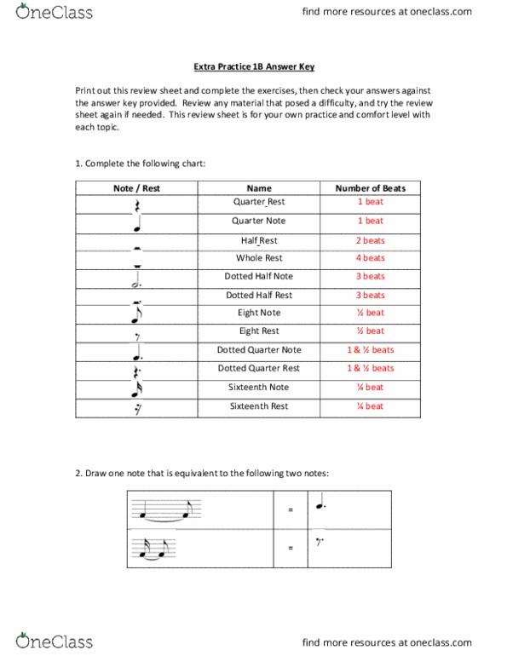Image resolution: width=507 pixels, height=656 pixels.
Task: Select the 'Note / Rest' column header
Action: tap(136, 188)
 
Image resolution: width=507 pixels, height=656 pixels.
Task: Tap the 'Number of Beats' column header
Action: tap(370, 188)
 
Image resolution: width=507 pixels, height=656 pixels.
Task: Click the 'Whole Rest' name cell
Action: tap(259, 257)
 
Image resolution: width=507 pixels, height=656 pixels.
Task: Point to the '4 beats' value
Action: tap(370, 257)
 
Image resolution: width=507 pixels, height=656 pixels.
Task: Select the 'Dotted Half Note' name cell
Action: tap(259, 276)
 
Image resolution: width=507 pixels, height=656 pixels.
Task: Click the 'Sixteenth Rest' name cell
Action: tap(259, 406)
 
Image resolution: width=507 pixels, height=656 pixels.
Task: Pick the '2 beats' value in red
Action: tap(370, 240)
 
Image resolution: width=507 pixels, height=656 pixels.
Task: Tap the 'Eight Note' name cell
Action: tap(259, 313)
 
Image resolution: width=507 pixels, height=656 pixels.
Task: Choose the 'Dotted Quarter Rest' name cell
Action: tap(259, 368)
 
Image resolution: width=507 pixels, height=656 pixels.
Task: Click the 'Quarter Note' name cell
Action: tap(259, 221)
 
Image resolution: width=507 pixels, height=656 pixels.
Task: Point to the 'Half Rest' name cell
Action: tap(259, 240)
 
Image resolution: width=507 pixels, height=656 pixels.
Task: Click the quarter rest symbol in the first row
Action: tap(136, 205)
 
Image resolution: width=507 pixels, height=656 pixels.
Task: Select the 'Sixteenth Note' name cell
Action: tap(259, 387)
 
